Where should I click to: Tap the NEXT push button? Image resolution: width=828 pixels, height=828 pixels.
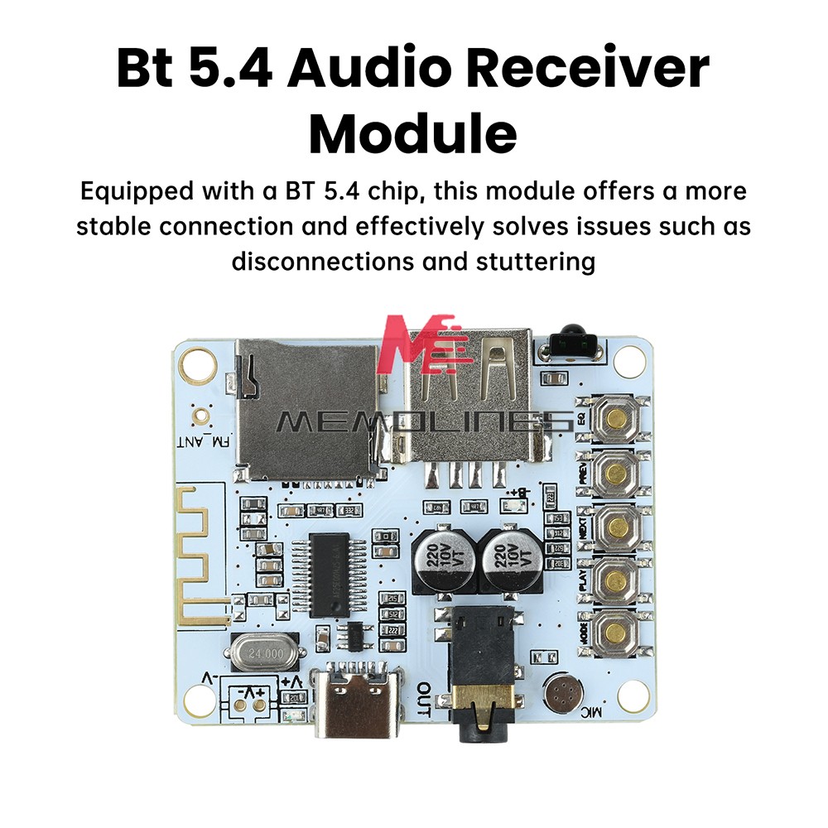coord(614,526)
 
